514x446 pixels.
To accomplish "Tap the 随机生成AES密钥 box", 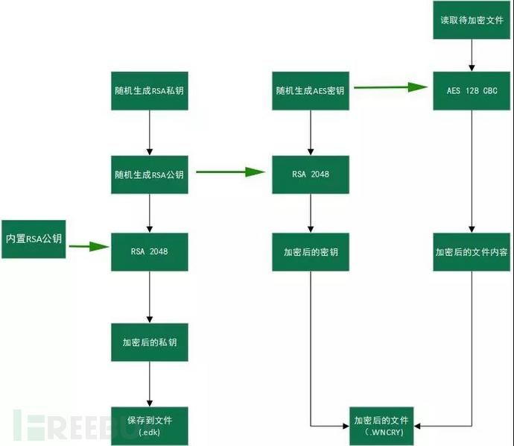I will pos(310,91).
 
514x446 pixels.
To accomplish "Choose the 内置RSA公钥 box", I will pos(33,239).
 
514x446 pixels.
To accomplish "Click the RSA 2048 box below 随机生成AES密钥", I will pos(310,174).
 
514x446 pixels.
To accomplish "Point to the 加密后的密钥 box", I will pos(310,251).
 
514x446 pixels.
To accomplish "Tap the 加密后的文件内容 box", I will pos(472,251).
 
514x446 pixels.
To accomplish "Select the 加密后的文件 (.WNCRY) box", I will pos(381,426).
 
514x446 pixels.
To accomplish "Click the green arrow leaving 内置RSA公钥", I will pos(87,245).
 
